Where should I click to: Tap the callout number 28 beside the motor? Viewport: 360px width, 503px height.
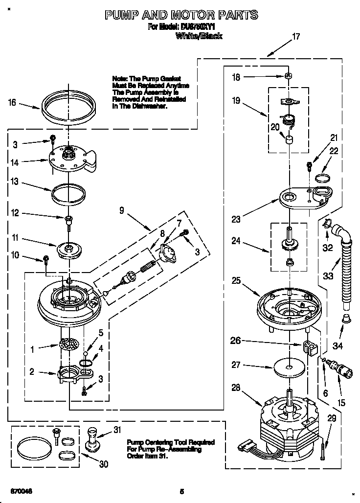click(x=236, y=388)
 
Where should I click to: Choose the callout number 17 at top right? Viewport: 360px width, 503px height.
click(x=295, y=36)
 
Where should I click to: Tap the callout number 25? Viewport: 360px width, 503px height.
click(x=236, y=280)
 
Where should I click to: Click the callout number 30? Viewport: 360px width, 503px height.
click(x=103, y=464)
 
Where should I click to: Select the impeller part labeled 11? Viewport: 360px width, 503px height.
click(x=69, y=249)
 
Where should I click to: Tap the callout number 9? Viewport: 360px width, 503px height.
click(x=122, y=210)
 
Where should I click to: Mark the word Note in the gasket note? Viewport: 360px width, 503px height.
click(x=120, y=78)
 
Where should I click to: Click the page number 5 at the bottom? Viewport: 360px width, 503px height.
click(x=181, y=491)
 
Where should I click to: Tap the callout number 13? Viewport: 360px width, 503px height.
click(x=14, y=182)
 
